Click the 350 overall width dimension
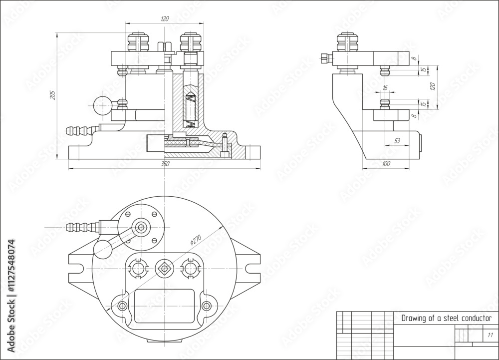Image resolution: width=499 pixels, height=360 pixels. pyautogui.click(x=165, y=164)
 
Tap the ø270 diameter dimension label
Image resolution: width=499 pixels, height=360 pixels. pyautogui.click(x=196, y=239)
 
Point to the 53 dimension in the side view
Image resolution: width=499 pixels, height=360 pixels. pyautogui.click(x=397, y=141)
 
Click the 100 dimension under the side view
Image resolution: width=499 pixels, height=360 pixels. pyautogui.click(x=386, y=164)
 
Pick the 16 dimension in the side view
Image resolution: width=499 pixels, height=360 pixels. pyautogui.click(x=384, y=88)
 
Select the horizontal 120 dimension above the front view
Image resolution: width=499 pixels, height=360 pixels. pyautogui.click(x=165, y=19)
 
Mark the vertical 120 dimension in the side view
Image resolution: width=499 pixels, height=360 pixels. pyautogui.click(x=433, y=86)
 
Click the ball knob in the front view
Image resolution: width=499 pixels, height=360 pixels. pyautogui.click(x=102, y=105)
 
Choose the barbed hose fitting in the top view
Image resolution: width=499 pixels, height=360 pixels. pyautogui.click(x=78, y=227)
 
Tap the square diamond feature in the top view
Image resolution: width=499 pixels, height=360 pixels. pyautogui.click(x=164, y=268)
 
